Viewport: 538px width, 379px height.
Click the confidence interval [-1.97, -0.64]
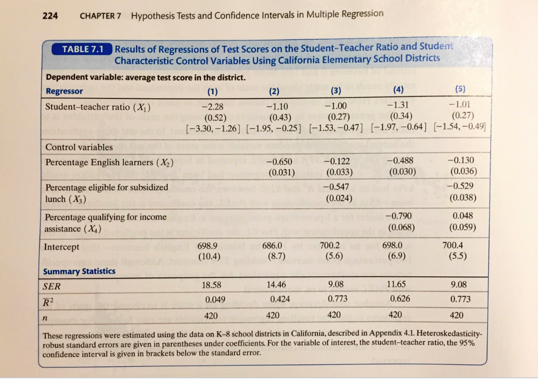coord(396,128)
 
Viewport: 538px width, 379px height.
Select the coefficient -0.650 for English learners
coord(279,161)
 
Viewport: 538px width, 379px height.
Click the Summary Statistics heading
coord(79,271)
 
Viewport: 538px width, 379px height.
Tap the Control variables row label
coord(79,147)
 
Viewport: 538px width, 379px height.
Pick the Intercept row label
coord(61,247)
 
